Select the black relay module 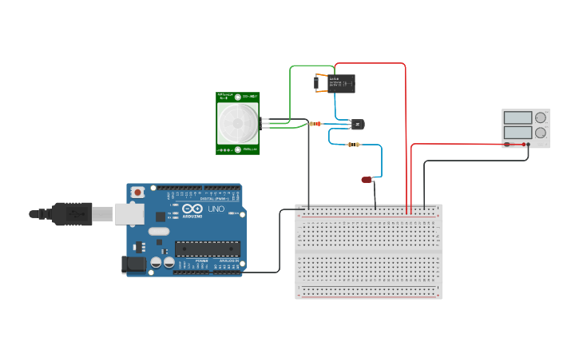339,83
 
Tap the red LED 367,180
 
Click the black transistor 357,124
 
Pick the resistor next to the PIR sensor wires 315,124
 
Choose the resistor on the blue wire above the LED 354,145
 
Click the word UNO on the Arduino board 216,209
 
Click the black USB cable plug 72,214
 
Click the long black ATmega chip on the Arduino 207,249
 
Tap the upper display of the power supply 518,118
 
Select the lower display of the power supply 518,132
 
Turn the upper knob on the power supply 541,118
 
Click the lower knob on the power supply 541,133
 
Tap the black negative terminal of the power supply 528,145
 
